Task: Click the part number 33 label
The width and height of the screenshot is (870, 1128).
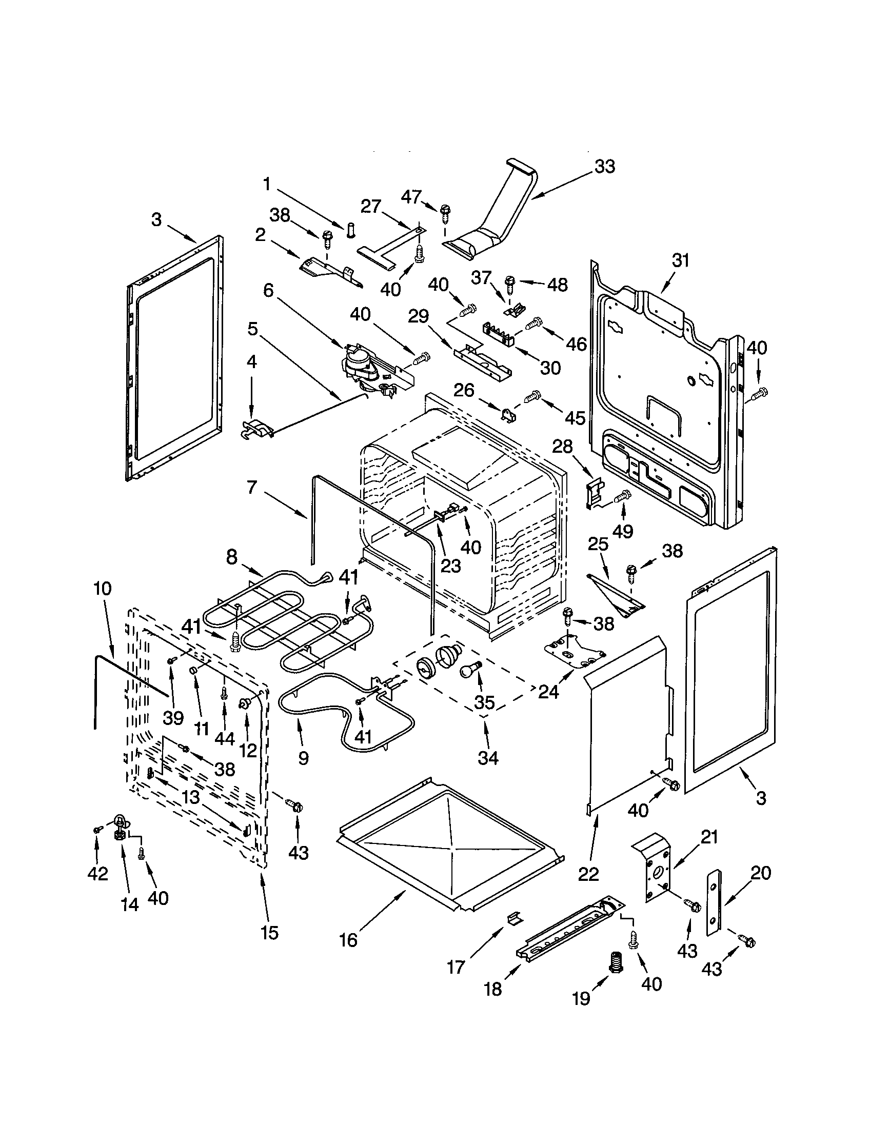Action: (604, 167)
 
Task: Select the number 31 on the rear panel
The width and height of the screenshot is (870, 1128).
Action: (680, 260)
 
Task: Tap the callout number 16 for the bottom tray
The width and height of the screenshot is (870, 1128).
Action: (348, 940)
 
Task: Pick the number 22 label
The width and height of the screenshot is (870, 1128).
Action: (588, 874)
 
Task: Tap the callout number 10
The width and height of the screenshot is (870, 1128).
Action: (102, 588)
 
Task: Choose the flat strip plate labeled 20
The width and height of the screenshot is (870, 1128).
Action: (714, 902)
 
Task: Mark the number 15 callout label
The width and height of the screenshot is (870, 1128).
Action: (270, 932)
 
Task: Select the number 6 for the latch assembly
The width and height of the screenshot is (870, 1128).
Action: (268, 290)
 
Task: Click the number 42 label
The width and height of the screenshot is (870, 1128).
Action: (97, 873)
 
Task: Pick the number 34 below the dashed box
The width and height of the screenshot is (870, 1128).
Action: (488, 758)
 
